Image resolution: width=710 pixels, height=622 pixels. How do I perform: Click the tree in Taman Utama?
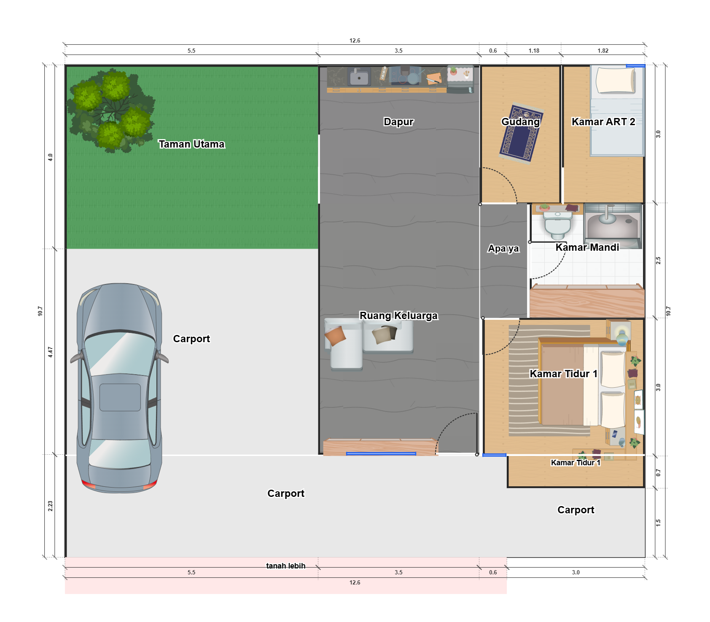click(x=110, y=110)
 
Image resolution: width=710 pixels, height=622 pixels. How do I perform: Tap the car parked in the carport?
click(x=120, y=388)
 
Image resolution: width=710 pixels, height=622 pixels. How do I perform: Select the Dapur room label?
click(x=398, y=122)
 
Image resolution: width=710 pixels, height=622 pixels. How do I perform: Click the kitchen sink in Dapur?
click(x=359, y=77)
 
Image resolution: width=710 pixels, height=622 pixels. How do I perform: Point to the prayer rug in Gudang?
click(x=521, y=133)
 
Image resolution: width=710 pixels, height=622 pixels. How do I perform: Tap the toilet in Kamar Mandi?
click(x=558, y=224)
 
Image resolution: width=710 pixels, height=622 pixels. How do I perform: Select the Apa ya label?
click(x=503, y=249)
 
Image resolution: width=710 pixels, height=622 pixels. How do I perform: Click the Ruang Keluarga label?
click(x=398, y=316)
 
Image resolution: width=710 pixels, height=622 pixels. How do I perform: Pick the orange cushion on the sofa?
click(x=335, y=336)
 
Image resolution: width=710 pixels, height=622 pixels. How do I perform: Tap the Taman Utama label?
click(x=191, y=144)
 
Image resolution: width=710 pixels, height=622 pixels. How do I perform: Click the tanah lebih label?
click(x=286, y=566)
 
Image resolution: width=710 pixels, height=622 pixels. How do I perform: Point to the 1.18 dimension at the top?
click(x=534, y=51)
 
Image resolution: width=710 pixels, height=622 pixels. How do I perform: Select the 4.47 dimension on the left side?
click(x=50, y=352)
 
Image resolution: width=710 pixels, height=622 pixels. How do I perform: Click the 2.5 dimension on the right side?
click(x=658, y=260)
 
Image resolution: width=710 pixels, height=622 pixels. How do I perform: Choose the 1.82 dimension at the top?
click(x=603, y=51)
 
